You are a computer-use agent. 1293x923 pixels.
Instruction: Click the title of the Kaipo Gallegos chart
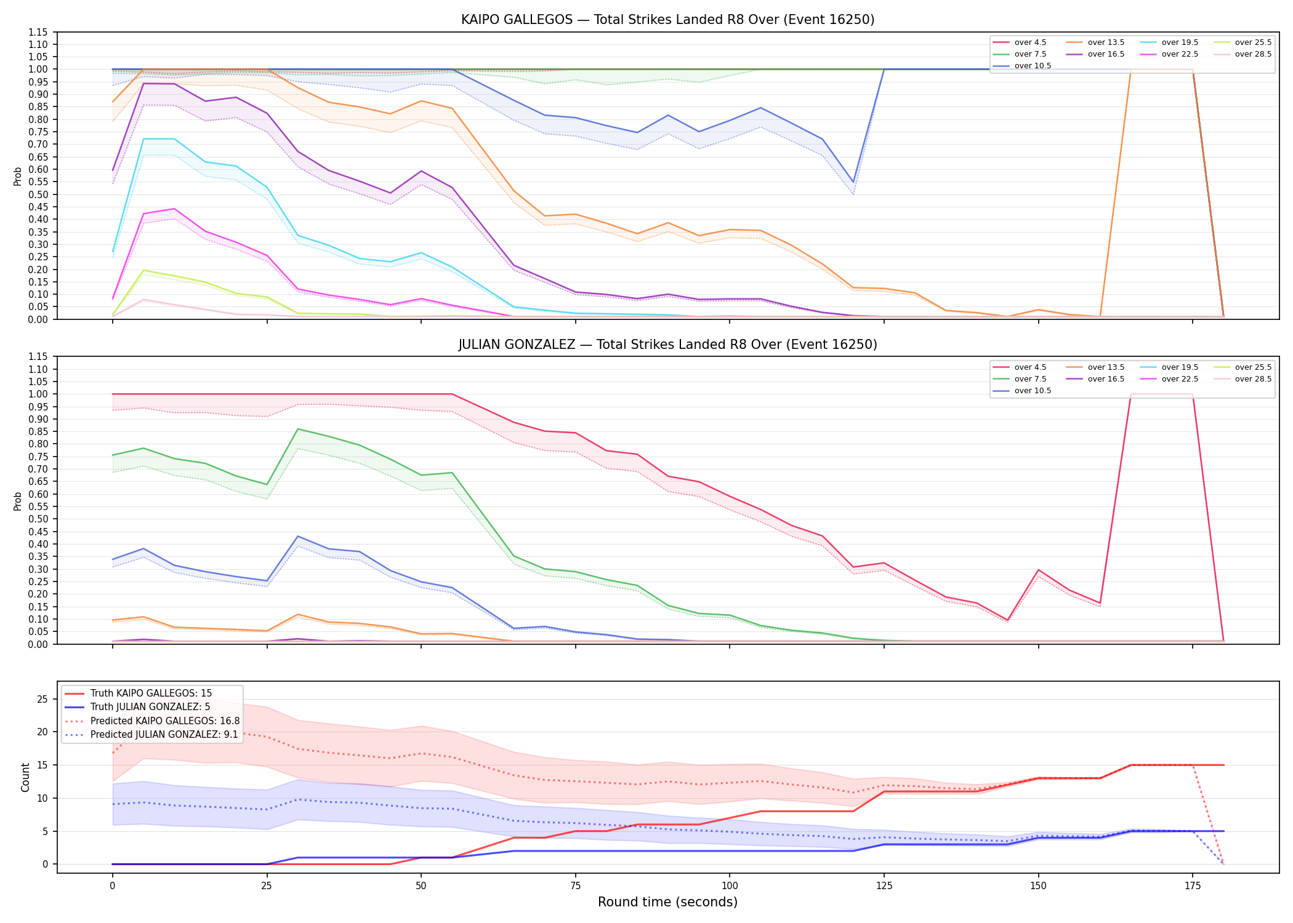click(x=667, y=20)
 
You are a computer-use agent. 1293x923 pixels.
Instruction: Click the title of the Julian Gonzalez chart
click(x=667, y=345)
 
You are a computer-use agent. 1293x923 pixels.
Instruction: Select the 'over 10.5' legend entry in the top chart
click(x=1022, y=66)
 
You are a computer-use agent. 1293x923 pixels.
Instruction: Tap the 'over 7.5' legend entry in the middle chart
click(x=1020, y=379)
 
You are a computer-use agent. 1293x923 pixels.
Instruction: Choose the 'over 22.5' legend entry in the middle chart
click(x=1169, y=379)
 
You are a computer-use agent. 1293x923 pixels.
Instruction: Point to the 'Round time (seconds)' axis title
click(x=667, y=902)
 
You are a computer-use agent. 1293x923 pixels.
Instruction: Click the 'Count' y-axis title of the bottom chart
click(x=25, y=777)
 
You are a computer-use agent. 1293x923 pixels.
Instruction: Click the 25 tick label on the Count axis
click(x=42, y=699)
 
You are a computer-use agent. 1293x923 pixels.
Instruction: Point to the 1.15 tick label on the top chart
click(x=38, y=32)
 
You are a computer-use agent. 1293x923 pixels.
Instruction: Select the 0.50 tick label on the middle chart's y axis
click(x=38, y=519)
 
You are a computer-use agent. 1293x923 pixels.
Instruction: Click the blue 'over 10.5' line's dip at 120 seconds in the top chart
click(x=853, y=182)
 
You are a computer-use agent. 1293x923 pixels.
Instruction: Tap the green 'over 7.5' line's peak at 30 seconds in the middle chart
click(x=298, y=429)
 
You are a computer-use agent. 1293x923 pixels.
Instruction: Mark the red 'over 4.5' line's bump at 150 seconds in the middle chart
click(x=1039, y=570)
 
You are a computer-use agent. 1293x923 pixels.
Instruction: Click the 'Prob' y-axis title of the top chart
click(x=18, y=176)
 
